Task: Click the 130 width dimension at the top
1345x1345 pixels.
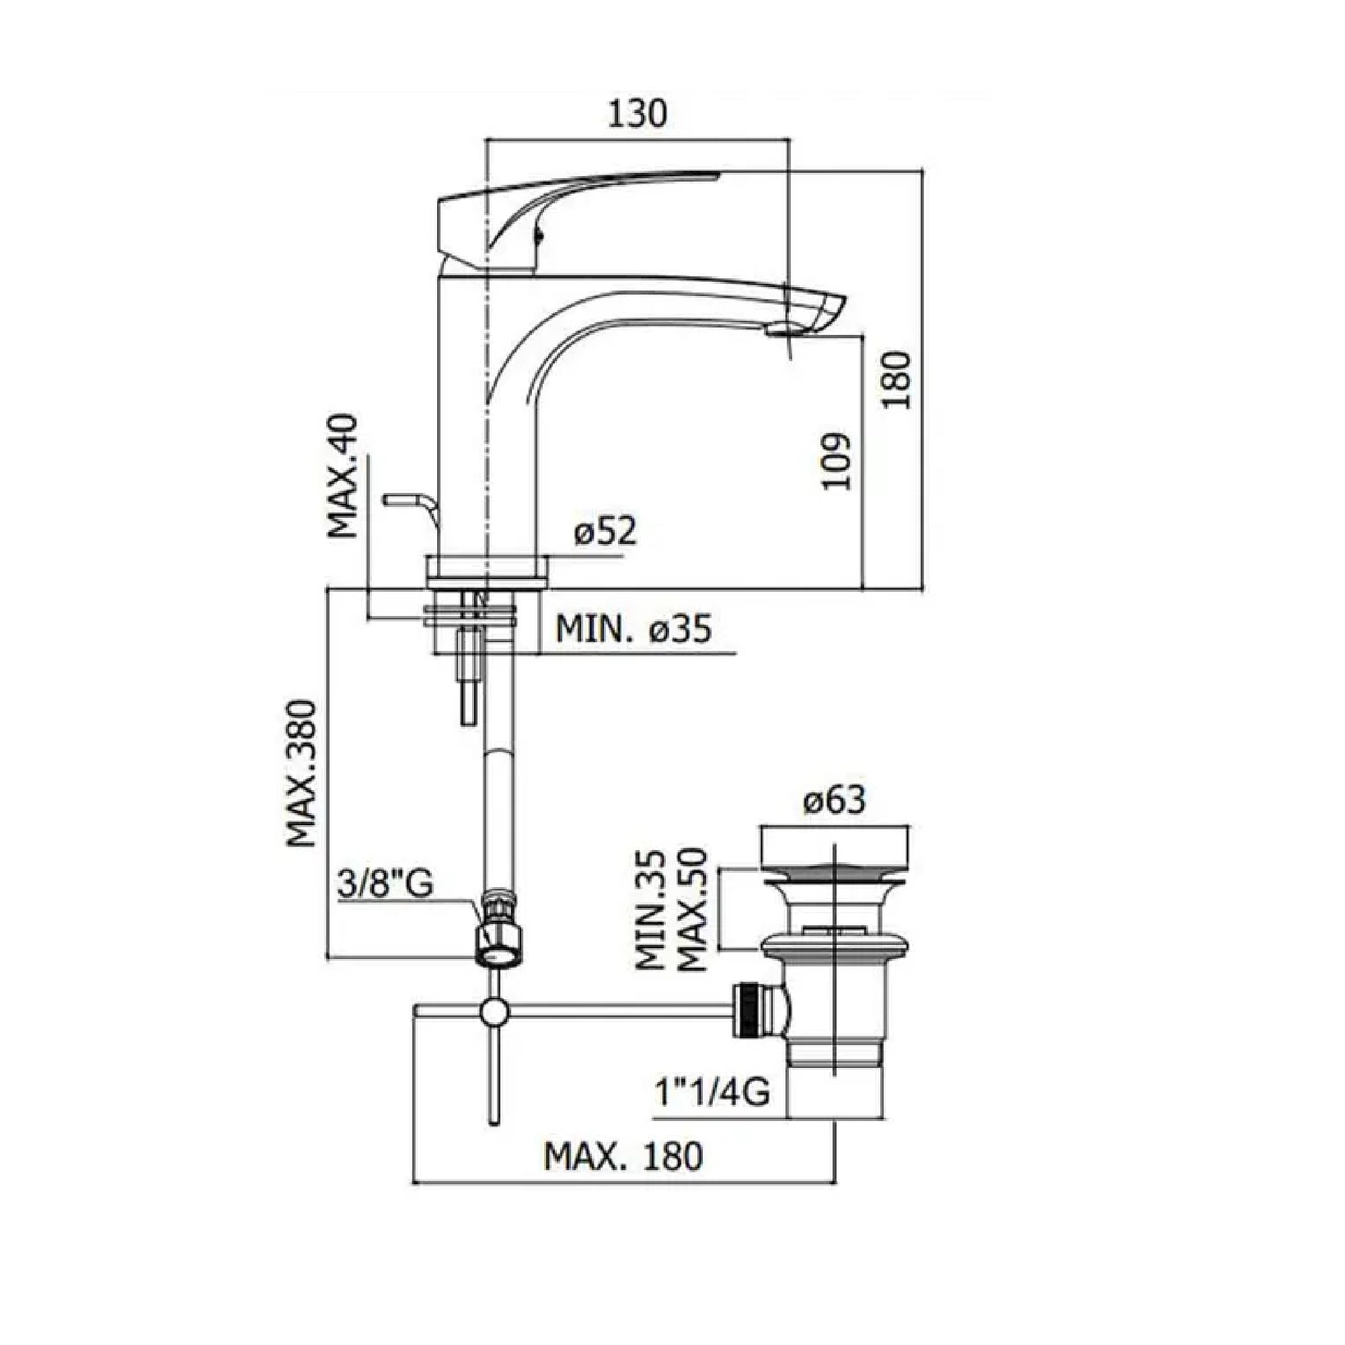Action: tap(637, 114)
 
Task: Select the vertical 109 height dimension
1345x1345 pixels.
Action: tap(836, 461)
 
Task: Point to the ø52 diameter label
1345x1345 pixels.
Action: tap(605, 533)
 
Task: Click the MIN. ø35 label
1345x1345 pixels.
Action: tap(633, 630)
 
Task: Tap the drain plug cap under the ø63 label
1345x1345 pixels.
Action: tap(833, 847)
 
